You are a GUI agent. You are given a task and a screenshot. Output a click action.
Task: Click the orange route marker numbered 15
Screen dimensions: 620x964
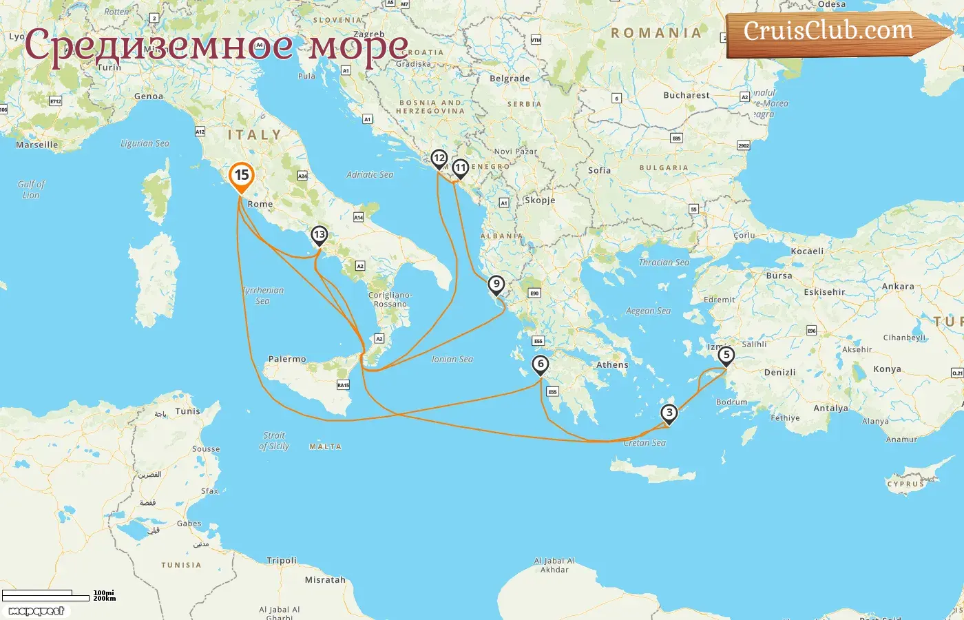coord(242,176)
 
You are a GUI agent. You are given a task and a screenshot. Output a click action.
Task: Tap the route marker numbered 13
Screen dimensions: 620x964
coord(319,235)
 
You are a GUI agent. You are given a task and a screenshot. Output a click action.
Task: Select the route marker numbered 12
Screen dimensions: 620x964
coord(439,159)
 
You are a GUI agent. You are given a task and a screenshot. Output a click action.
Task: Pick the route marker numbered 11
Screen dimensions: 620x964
coord(460,167)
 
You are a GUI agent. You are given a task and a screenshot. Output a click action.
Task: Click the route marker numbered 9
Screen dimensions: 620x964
coord(496,284)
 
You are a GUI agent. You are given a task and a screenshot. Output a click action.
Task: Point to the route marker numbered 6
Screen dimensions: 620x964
coord(541,364)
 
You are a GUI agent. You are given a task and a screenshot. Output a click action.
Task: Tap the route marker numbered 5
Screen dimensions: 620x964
coord(726,355)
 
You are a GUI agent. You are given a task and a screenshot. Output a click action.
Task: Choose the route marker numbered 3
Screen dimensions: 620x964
coord(669,413)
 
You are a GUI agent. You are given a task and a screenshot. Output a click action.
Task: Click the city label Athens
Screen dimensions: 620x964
coord(612,365)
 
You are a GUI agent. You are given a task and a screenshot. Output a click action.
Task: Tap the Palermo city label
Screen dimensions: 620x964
coord(287,359)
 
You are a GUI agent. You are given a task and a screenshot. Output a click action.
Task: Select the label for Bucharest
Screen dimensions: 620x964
coord(686,95)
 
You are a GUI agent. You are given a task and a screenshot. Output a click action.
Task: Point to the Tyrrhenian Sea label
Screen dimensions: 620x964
coord(263,296)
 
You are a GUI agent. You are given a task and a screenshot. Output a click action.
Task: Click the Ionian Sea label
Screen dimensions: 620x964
coord(452,359)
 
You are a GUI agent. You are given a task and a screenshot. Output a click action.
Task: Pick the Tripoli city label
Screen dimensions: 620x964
coord(282,561)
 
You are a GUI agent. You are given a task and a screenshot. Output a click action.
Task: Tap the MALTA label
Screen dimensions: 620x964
coord(325,447)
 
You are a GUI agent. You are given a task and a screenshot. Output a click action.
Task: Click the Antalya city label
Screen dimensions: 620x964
coord(830,408)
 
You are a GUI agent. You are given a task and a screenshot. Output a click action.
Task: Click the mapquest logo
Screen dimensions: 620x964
coord(36,611)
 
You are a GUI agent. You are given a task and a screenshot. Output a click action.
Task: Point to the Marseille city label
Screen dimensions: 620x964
coord(37,145)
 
